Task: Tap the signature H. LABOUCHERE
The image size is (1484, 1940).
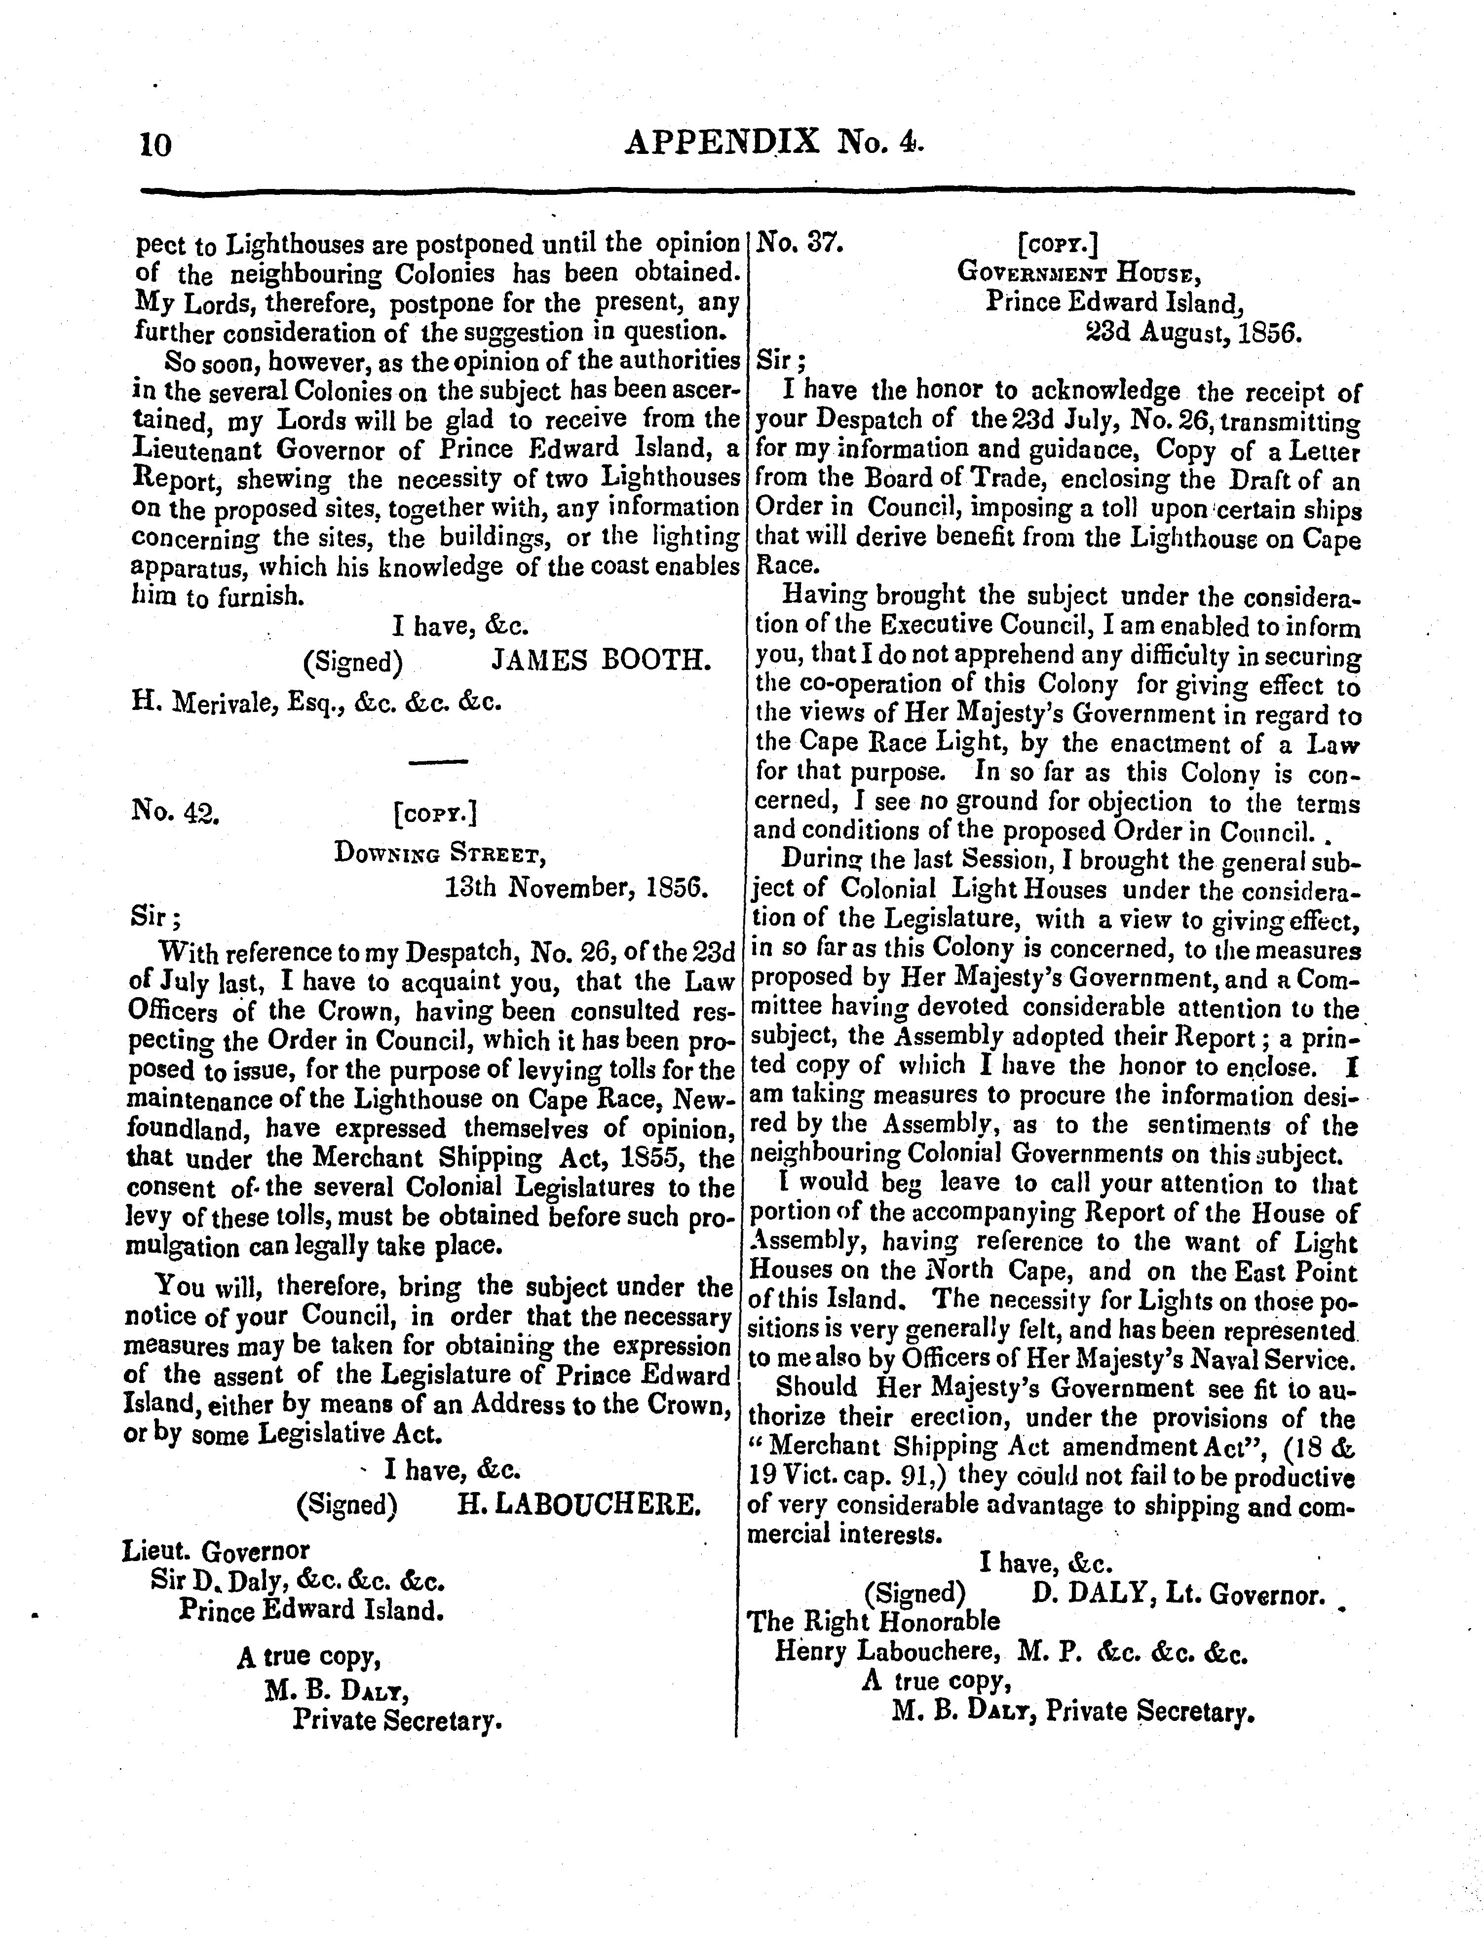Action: (578, 1503)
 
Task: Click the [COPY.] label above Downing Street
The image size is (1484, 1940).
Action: (436, 813)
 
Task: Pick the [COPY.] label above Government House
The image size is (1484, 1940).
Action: (1058, 242)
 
